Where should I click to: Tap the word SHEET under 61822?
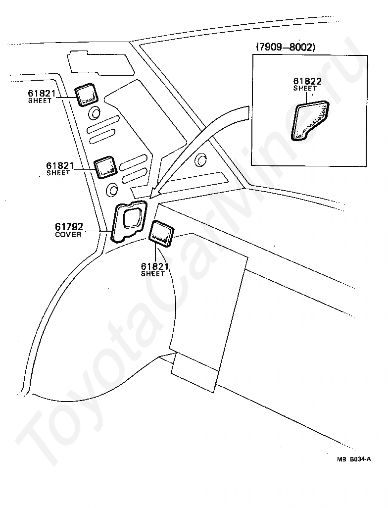click(304, 88)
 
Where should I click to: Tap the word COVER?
click(68, 234)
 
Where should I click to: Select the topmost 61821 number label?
click(41, 94)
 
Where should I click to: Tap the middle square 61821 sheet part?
click(105, 167)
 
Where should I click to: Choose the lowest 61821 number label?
click(154, 266)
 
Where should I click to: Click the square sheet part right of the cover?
click(162, 233)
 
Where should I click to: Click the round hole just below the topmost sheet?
click(94, 114)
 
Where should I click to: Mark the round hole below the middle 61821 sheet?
click(112, 189)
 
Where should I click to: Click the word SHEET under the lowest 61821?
click(153, 274)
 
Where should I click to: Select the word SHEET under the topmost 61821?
click(40, 101)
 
